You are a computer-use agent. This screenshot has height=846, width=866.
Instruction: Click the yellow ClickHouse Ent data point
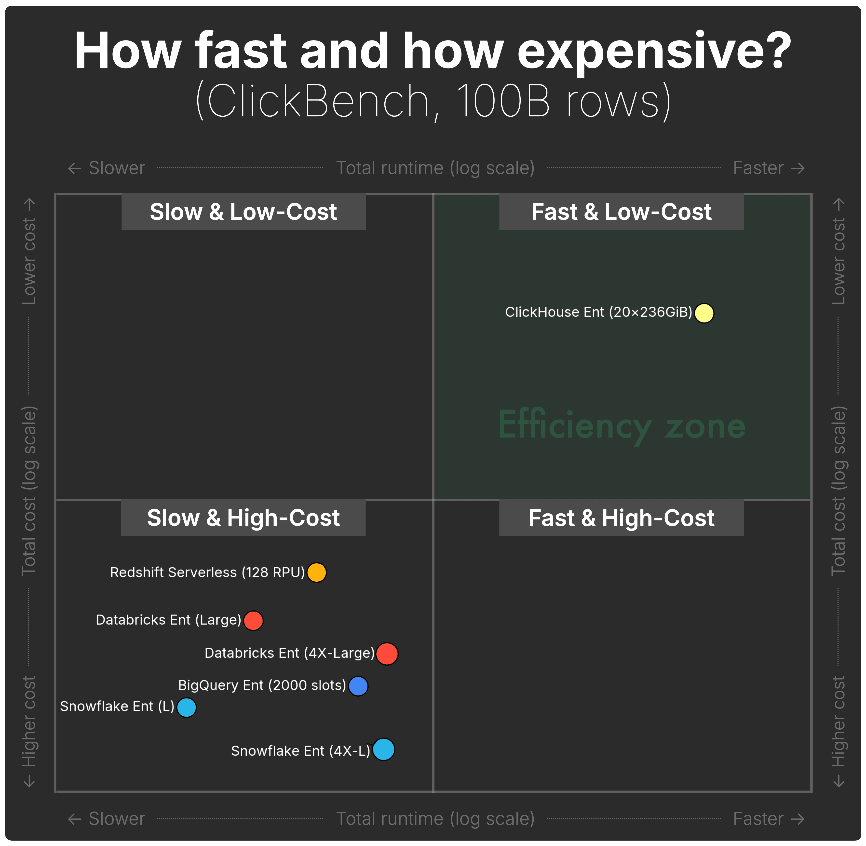704,313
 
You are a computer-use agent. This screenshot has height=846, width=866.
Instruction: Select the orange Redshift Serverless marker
316,572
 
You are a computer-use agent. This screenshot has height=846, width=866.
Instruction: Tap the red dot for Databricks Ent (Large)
253,620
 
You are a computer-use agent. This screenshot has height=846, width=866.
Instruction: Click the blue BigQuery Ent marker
358,686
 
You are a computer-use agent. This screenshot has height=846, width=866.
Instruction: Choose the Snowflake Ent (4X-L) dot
383,750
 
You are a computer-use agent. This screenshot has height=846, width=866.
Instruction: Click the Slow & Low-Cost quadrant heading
244,212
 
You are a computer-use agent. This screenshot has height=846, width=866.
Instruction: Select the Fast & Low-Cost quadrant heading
621,212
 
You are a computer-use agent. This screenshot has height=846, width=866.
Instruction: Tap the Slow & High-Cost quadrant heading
244,518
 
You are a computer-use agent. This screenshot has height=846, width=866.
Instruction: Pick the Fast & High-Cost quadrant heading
621,518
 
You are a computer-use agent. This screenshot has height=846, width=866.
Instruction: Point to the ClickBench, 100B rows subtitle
433,101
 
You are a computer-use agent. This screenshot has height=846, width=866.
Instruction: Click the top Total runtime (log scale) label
435,168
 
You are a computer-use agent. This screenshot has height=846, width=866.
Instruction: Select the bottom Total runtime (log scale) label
435,819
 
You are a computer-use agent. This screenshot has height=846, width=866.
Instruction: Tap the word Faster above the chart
758,168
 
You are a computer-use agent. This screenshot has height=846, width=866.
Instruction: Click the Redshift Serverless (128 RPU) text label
207,572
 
